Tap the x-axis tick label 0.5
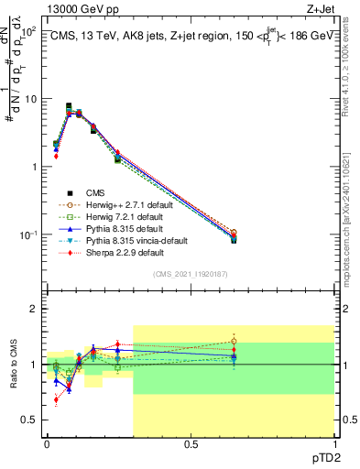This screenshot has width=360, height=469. point(191,444)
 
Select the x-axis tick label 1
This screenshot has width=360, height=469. point(334,444)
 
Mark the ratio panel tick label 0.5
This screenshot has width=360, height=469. point(30,420)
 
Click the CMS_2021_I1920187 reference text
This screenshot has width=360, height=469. point(191,275)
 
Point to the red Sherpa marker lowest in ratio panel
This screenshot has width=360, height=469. point(56,399)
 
